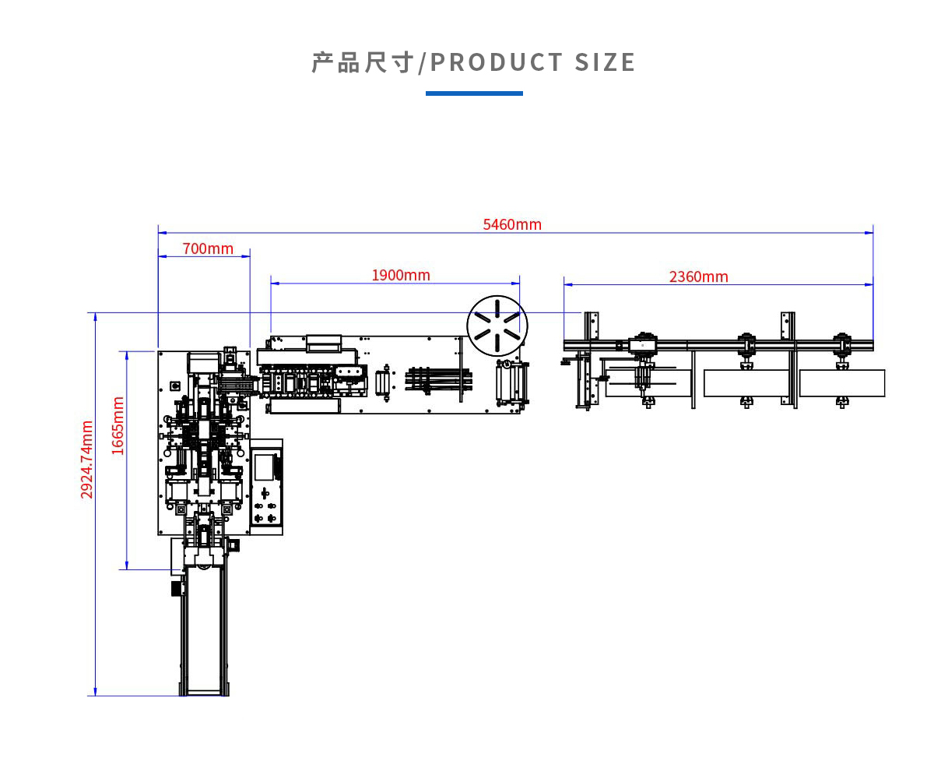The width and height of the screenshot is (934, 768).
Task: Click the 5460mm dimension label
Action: coord(512,225)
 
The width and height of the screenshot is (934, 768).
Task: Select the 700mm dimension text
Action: coord(208,249)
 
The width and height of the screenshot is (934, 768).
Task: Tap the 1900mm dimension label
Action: coord(401,276)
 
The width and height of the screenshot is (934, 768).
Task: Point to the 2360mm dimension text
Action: coord(699,277)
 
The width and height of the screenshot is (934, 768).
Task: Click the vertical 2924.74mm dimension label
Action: coord(87,460)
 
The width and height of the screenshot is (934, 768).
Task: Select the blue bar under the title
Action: coord(474,93)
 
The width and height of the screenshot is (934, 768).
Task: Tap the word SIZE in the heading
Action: coord(606,62)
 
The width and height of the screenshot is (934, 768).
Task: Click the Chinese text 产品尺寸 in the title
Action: coord(362,62)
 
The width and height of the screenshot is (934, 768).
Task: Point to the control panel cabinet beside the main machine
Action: coord(266,487)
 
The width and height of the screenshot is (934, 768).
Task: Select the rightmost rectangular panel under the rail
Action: coord(841,383)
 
